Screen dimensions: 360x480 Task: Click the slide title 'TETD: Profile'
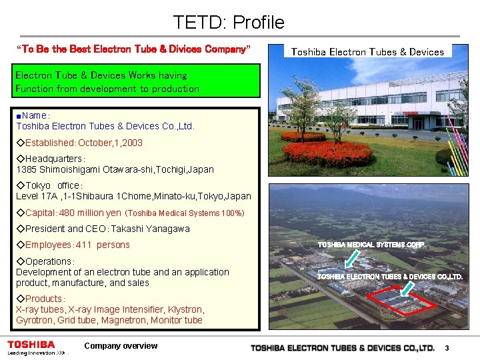point(229,23)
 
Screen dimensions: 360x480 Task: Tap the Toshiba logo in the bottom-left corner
point(31,345)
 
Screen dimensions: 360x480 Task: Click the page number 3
point(447,348)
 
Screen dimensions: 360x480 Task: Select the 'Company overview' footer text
point(121,346)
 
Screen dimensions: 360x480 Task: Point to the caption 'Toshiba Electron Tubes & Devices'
point(367,52)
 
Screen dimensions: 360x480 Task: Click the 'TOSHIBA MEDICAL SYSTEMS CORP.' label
point(372,245)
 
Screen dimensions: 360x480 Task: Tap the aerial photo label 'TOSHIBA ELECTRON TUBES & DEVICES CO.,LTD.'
point(389,276)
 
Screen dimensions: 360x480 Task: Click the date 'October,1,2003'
point(111,143)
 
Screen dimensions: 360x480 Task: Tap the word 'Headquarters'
point(53,159)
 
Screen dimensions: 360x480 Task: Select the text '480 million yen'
point(90,213)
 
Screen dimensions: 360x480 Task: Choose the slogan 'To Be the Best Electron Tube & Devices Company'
point(133,49)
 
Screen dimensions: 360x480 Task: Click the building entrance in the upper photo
point(419,123)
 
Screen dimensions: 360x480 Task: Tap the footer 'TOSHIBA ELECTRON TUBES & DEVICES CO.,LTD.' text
point(343,348)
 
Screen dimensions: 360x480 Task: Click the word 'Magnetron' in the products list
point(125,320)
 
